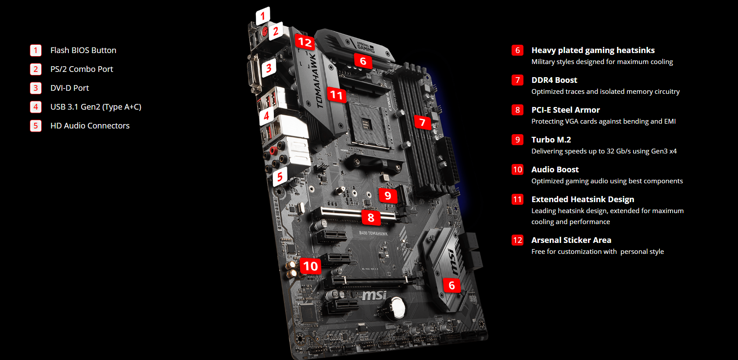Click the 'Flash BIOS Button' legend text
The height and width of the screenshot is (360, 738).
tap(83, 50)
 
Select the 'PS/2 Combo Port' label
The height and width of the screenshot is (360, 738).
tap(82, 69)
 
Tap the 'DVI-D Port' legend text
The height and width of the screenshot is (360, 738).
tap(69, 88)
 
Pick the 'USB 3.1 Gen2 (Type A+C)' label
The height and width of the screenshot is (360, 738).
tap(96, 107)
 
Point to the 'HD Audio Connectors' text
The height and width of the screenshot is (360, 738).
tap(90, 125)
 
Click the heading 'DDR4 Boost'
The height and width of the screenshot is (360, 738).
tap(554, 80)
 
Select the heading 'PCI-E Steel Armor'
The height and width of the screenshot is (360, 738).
tap(566, 110)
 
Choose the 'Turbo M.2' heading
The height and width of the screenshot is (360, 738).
tap(551, 139)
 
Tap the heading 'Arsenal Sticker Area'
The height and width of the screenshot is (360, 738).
tap(571, 240)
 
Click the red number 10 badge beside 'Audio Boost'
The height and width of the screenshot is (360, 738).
tap(517, 169)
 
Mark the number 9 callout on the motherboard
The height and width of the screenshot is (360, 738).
tap(388, 196)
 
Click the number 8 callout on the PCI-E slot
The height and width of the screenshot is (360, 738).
tap(371, 217)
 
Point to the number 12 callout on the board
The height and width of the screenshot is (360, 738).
tap(305, 42)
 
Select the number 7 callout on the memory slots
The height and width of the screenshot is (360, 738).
tap(423, 122)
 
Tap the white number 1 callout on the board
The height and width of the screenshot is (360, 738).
tap(263, 15)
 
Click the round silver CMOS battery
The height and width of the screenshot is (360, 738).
tap(397, 308)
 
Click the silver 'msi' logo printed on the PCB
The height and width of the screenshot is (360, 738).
tap(374, 295)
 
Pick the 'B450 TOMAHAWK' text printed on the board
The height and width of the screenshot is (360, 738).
tap(373, 233)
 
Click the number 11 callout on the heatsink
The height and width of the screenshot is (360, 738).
tap(337, 95)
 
